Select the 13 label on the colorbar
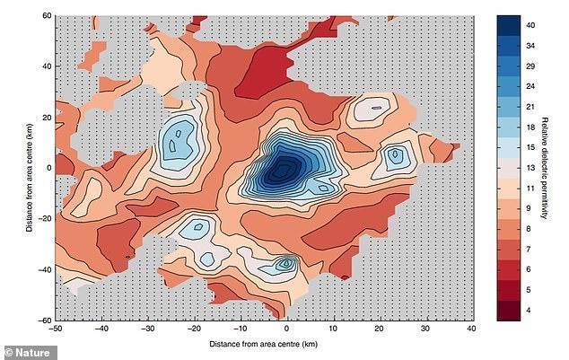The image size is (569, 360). pyautogui.click(x=531, y=168)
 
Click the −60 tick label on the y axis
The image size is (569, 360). pyautogui.click(x=41, y=320)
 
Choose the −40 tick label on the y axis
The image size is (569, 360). pyautogui.click(x=41, y=269)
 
